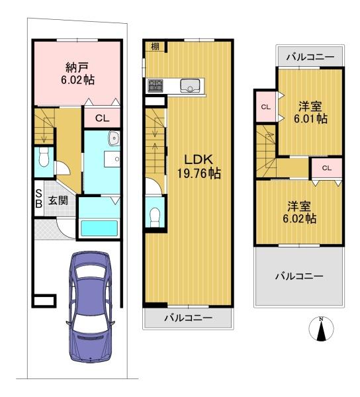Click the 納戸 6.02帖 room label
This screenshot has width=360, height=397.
[x=77, y=73]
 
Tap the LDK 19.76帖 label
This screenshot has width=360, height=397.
[x=199, y=167]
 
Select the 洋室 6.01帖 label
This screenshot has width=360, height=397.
[x=310, y=112]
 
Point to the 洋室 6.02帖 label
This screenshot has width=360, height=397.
[x=299, y=212]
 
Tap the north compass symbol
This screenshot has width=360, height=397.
[x=321, y=329]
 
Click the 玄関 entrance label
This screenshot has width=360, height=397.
[x=58, y=200]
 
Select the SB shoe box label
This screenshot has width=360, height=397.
[x=38, y=199]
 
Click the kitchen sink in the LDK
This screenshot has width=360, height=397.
[x=190, y=85]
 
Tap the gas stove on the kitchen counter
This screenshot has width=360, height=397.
[x=156, y=85]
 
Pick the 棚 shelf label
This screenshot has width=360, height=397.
[x=155, y=46]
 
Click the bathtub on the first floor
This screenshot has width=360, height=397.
[x=99, y=228]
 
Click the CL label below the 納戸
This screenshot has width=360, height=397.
[x=102, y=118]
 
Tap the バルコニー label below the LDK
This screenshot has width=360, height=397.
[x=188, y=318]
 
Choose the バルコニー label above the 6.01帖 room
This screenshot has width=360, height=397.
[x=310, y=57]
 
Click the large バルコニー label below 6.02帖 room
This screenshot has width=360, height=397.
[x=299, y=276]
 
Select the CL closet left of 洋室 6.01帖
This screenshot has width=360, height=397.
[x=265, y=107]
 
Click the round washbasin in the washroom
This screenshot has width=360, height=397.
[x=114, y=138]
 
